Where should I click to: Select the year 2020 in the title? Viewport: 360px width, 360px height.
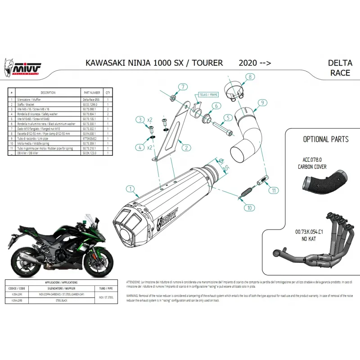(248, 63)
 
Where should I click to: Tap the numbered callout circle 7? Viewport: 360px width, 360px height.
(183, 87)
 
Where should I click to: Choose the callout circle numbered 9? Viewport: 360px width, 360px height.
(261, 103)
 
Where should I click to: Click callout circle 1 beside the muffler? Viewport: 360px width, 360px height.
(130, 189)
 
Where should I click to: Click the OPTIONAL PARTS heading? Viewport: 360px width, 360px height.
(325, 139)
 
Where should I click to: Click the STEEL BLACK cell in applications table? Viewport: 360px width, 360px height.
(61, 298)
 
